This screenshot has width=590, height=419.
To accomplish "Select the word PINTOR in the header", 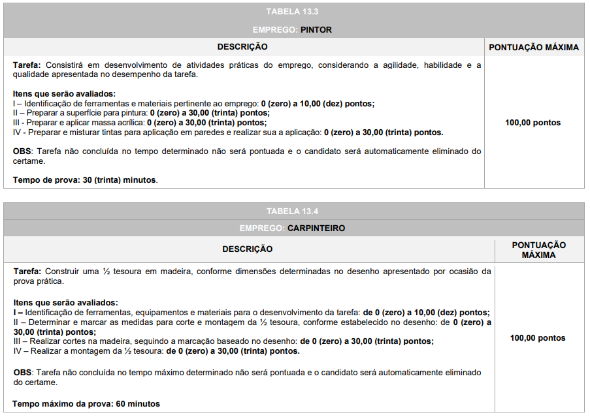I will coord(316,30).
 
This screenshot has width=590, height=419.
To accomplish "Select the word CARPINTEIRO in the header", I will coord(316,228).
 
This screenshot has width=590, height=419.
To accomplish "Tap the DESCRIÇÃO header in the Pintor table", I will coord(242,47).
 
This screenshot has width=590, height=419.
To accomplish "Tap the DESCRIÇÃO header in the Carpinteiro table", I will coord(248,249).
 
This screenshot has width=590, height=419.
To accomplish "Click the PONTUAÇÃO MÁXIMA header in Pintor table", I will coord(534,47).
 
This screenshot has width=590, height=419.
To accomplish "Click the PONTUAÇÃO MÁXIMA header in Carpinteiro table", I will coord(538,249).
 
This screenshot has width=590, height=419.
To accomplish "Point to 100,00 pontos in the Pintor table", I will coord(533,123).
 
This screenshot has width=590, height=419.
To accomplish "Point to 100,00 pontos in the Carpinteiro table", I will coord(538,338).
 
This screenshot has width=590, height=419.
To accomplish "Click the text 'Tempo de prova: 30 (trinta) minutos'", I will coord(85,179).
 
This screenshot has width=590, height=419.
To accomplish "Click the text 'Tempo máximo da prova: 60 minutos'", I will coord(86,404).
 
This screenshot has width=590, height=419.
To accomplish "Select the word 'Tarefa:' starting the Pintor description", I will coord(27,65).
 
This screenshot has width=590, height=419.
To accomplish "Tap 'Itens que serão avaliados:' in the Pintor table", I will coord(64,94).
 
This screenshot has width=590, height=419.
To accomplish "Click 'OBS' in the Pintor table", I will coord(22,151).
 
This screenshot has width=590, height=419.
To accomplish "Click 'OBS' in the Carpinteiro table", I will coord(22,373).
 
